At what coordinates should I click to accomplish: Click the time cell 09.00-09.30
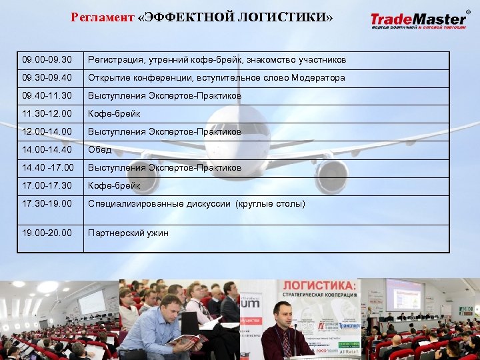pyautogui.click(x=47, y=60)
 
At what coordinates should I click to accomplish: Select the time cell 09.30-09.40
pyautogui.click(x=47, y=78)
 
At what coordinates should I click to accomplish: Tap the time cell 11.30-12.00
pyautogui.click(x=47, y=114)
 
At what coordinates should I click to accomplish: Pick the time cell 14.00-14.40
pyautogui.click(x=47, y=150)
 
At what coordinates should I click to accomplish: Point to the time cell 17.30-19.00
pyautogui.click(x=47, y=203)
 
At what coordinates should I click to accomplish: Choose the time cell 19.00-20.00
pyautogui.click(x=47, y=233)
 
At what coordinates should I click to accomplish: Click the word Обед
pyautogui.click(x=100, y=150)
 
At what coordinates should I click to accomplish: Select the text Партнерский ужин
pyautogui.click(x=128, y=233)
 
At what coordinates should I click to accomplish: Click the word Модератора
pyautogui.click(x=317, y=78)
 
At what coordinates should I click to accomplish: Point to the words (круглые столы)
pyautogui.click(x=270, y=203)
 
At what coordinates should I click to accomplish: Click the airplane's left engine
pyautogui.click(x=143, y=173)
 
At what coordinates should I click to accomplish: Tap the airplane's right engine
pyautogui.click(x=331, y=174)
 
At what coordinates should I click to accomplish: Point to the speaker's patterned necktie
pyautogui.click(x=286, y=343)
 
